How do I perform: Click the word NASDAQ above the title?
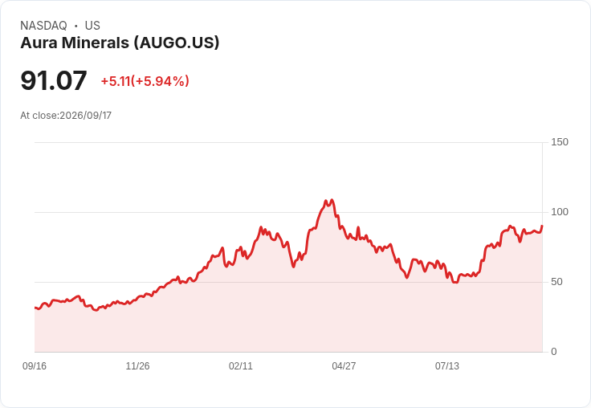43,26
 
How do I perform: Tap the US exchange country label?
92,26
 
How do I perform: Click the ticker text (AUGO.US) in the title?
177,43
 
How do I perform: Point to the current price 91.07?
54,80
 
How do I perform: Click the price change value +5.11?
116,81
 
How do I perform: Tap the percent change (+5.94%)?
160,81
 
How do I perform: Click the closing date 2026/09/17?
86,116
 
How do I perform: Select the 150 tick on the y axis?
560,142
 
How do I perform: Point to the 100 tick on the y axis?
560,212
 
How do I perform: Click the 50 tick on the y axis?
556,282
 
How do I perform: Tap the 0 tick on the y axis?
554,352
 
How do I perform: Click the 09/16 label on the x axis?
35,365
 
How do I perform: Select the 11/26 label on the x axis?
137,365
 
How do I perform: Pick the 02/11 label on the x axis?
240,365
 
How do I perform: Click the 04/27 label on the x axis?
344,365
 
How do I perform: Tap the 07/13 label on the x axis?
447,365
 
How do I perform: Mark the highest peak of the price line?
332,200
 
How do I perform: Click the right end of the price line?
542,226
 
